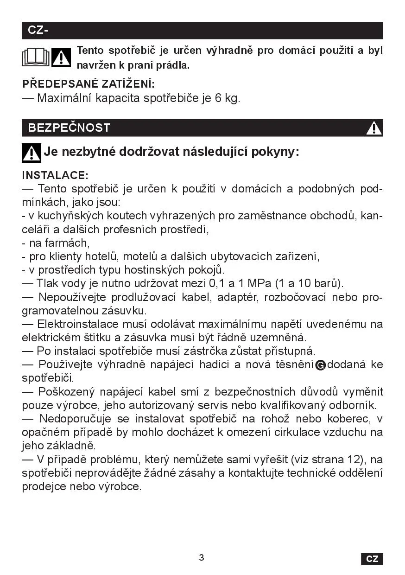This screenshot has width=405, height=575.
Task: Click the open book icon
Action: [x=36, y=57]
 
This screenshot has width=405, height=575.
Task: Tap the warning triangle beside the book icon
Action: [x=61, y=57]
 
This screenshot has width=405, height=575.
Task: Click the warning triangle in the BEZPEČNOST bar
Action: [x=373, y=128]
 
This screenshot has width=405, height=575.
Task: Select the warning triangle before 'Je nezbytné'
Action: [x=31, y=153]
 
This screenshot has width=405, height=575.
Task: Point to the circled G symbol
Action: [x=320, y=365]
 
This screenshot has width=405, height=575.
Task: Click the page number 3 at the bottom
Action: [x=202, y=557]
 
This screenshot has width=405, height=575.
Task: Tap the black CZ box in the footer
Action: [x=372, y=559]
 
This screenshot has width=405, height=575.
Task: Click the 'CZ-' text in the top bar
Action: [x=38, y=30]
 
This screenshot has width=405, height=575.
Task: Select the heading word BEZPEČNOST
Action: [x=69, y=128]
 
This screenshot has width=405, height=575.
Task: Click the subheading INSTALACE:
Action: [x=55, y=175]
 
